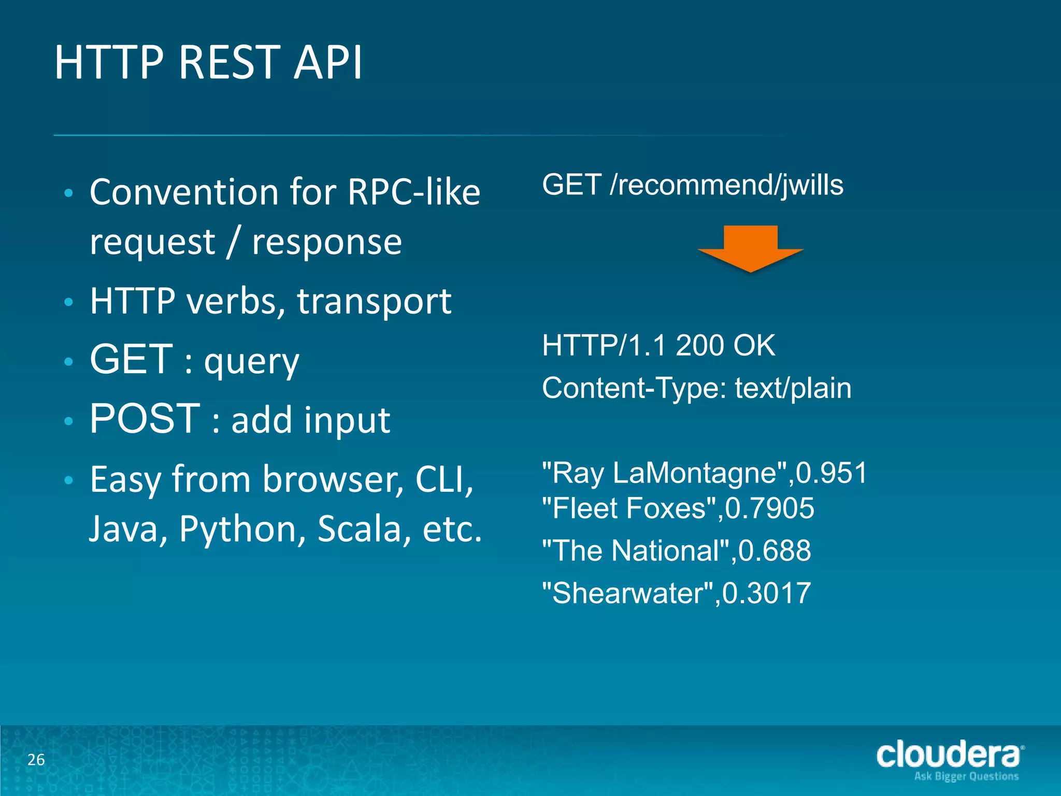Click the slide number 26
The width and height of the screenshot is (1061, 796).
(x=36, y=760)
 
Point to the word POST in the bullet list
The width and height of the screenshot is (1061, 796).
(x=145, y=419)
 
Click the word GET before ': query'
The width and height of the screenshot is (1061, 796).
(x=131, y=359)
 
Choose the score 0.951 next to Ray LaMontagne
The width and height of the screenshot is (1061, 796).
(x=831, y=473)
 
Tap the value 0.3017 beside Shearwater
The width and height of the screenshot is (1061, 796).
(x=767, y=593)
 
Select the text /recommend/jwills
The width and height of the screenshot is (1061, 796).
(x=726, y=185)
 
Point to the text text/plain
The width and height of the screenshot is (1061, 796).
(x=793, y=388)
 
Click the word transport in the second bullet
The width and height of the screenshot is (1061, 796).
(x=374, y=302)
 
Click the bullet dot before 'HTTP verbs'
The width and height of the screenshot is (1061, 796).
(x=68, y=302)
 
